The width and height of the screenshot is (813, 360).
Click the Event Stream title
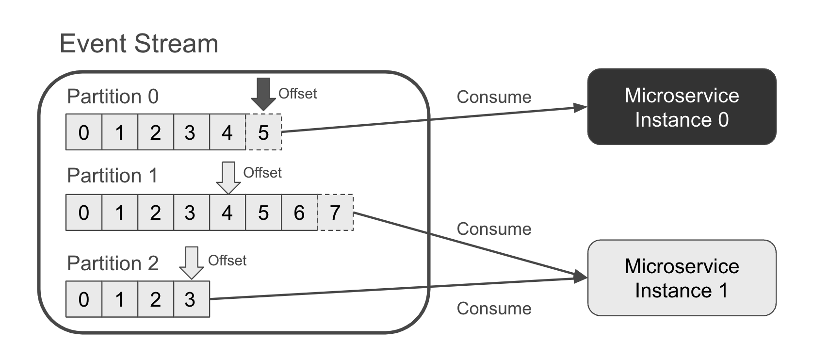pos(139,44)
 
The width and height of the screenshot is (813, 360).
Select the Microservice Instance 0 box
pos(681,107)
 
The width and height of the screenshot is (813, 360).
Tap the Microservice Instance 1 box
pos(681,278)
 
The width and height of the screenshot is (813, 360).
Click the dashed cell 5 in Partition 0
pos(263,132)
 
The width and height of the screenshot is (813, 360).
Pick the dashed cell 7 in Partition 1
pos(335,213)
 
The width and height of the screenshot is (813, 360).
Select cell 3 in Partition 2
pos(191,299)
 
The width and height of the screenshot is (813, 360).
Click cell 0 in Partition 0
pos(84,132)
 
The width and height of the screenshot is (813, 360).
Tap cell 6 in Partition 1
pos(299,213)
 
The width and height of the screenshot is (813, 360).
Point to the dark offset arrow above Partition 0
pos(263,94)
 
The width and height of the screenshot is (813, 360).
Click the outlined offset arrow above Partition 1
pos(228,178)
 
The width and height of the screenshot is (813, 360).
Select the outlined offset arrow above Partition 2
pos(192,262)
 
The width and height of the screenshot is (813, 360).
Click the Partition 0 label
pos(113,97)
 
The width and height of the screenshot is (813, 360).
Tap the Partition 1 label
pos(113,176)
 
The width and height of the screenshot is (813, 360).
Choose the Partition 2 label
pos(113,263)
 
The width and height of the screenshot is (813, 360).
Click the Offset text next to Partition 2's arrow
pos(227,261)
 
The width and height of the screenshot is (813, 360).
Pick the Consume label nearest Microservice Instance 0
pos(494,97)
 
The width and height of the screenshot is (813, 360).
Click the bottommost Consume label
pos(494,309)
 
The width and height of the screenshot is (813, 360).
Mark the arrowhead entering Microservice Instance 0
pos(580,107)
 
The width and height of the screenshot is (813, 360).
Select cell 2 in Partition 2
pos(155,299)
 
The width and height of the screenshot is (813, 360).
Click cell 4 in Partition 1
pos(227,213)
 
